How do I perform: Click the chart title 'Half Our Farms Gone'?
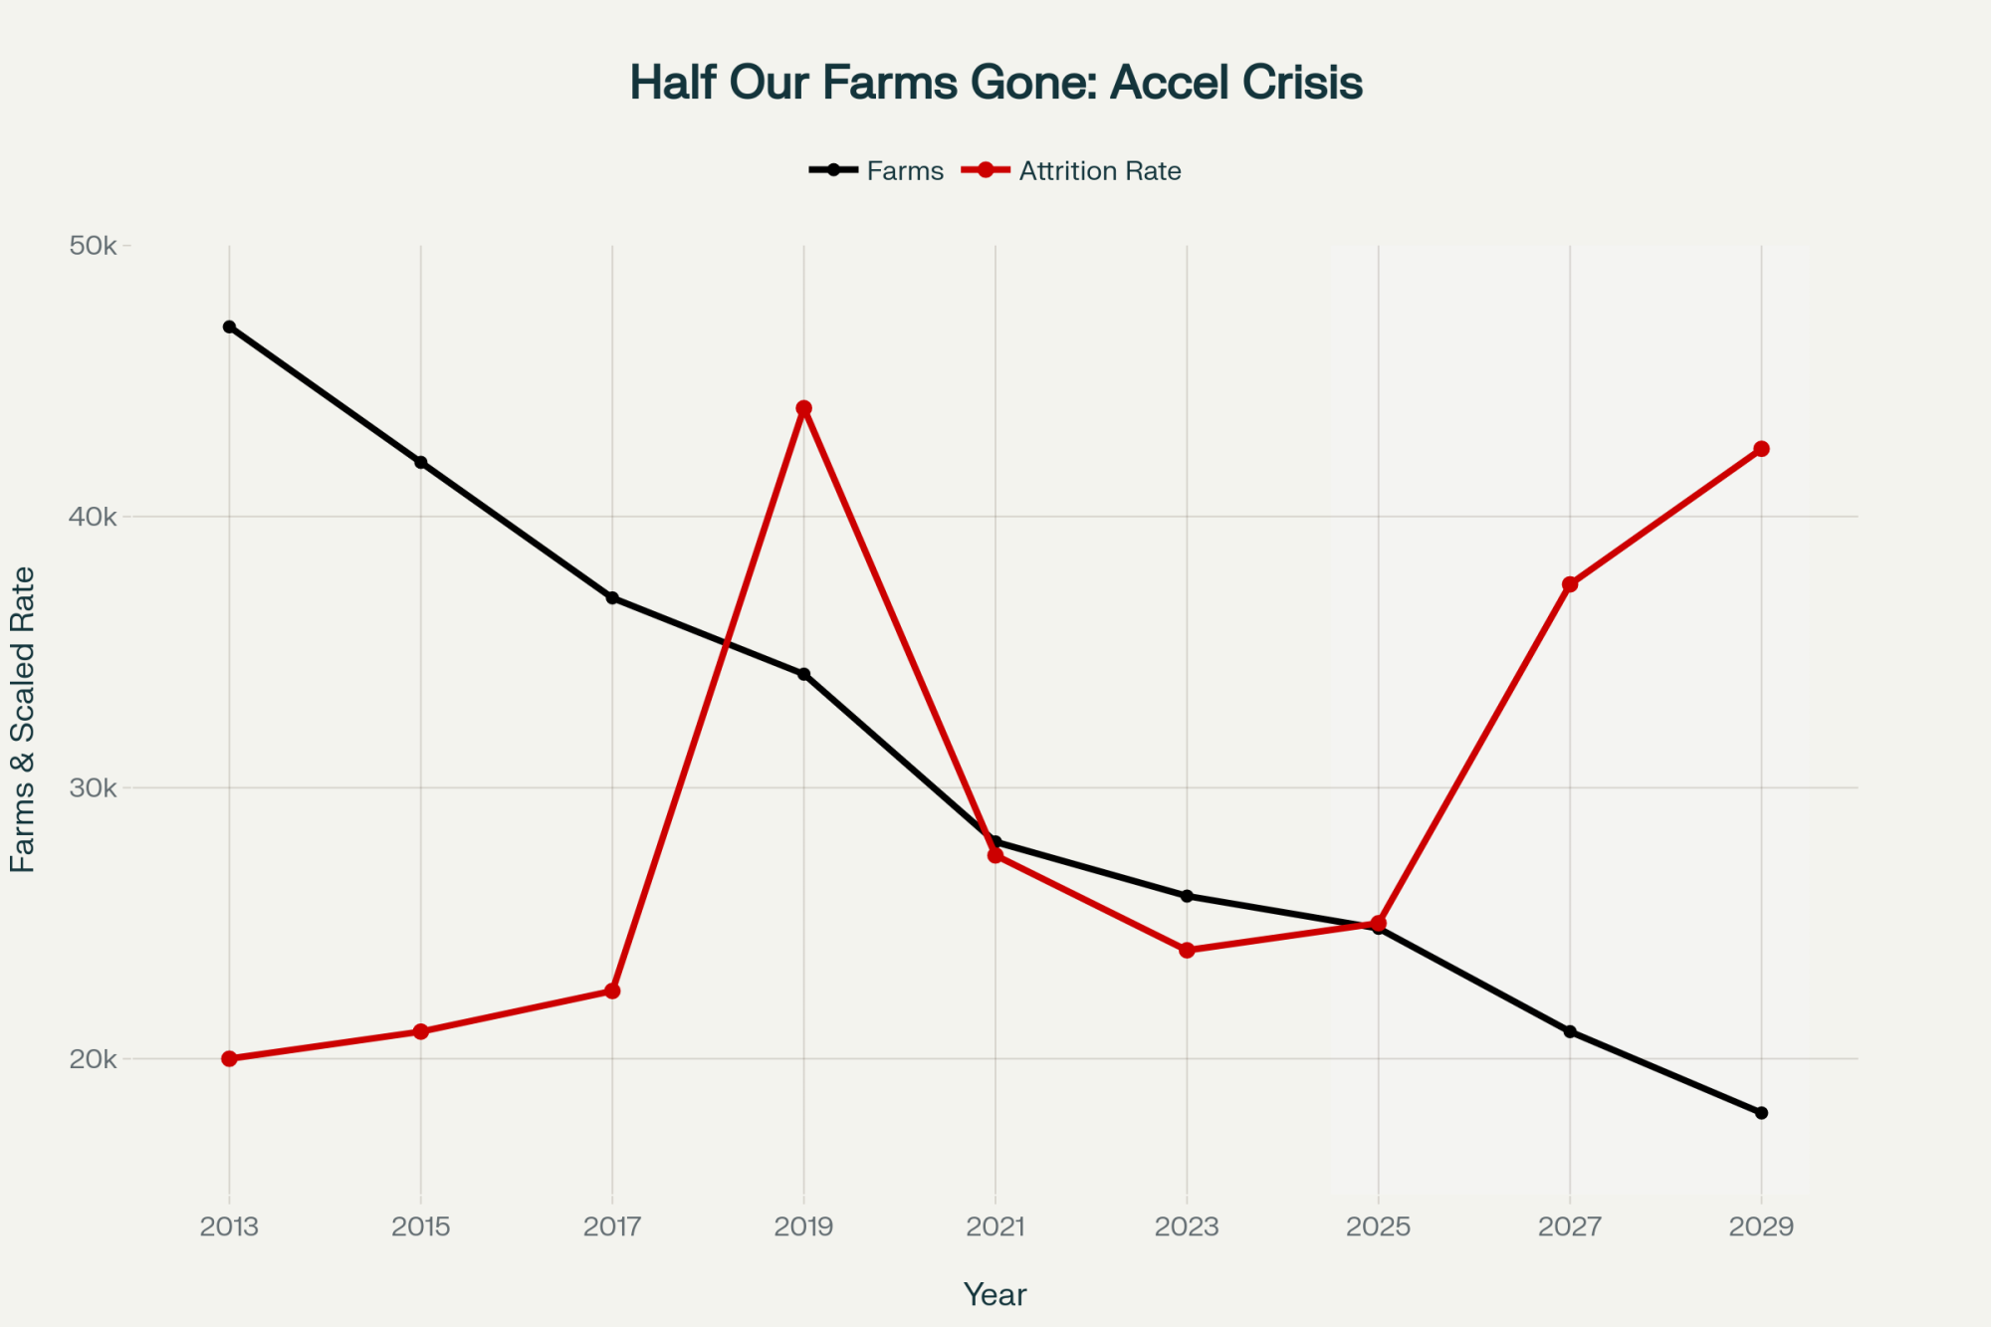(x=995, y=83)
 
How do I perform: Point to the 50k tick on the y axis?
(x=93, y=246)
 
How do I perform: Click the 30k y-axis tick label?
(x=93, y=788)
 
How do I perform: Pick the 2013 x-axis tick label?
(x=229, y=1226)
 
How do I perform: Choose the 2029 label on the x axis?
(x=1761, y=1226)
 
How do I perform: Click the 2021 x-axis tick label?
(x=995, y=1226)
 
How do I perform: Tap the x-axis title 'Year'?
(x=995, y=1294)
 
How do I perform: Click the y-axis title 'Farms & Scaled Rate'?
(x=23, y=720)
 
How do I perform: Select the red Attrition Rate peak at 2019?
(x=804, y=408)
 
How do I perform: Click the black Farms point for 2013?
(x=229, y=327)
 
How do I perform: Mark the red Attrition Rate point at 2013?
(x=229, y=1058)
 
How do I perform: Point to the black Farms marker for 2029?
(x=1761, y=1113)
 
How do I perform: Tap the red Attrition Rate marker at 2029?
(x=1761, y=449)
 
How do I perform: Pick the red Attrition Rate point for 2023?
(x=1187, y=951)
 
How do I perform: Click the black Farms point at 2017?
(x=612, y=598)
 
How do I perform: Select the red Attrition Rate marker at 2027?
(x=1570, y=584)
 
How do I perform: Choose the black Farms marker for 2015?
(x=421, y=462)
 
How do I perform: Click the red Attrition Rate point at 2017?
(x=612, y=992)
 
